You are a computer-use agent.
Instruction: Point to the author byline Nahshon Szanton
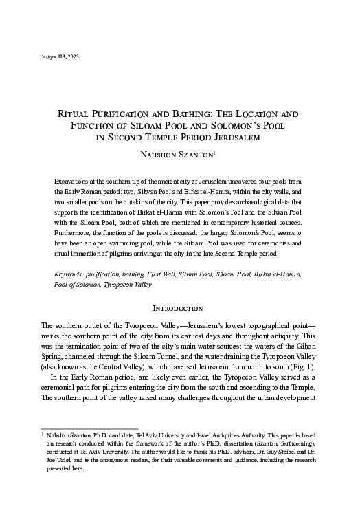179,153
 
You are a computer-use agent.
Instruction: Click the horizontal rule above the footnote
90,427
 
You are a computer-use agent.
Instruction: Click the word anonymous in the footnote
115,461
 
